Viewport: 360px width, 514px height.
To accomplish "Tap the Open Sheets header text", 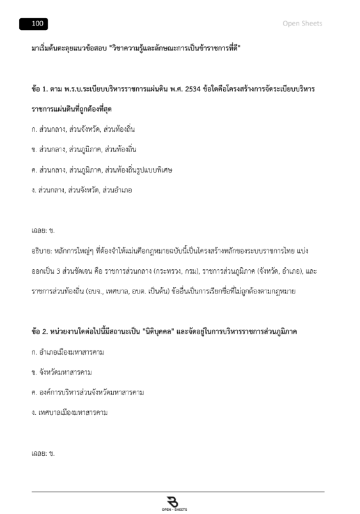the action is click(x=302, y=24).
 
